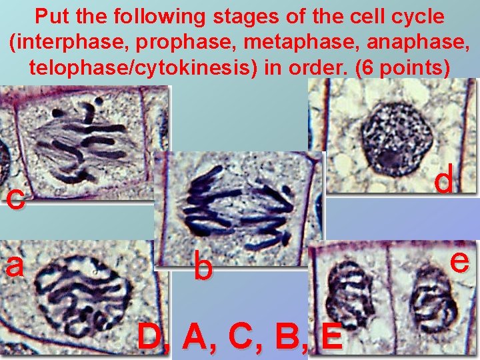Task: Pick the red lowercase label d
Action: click(x=445, y=179)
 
